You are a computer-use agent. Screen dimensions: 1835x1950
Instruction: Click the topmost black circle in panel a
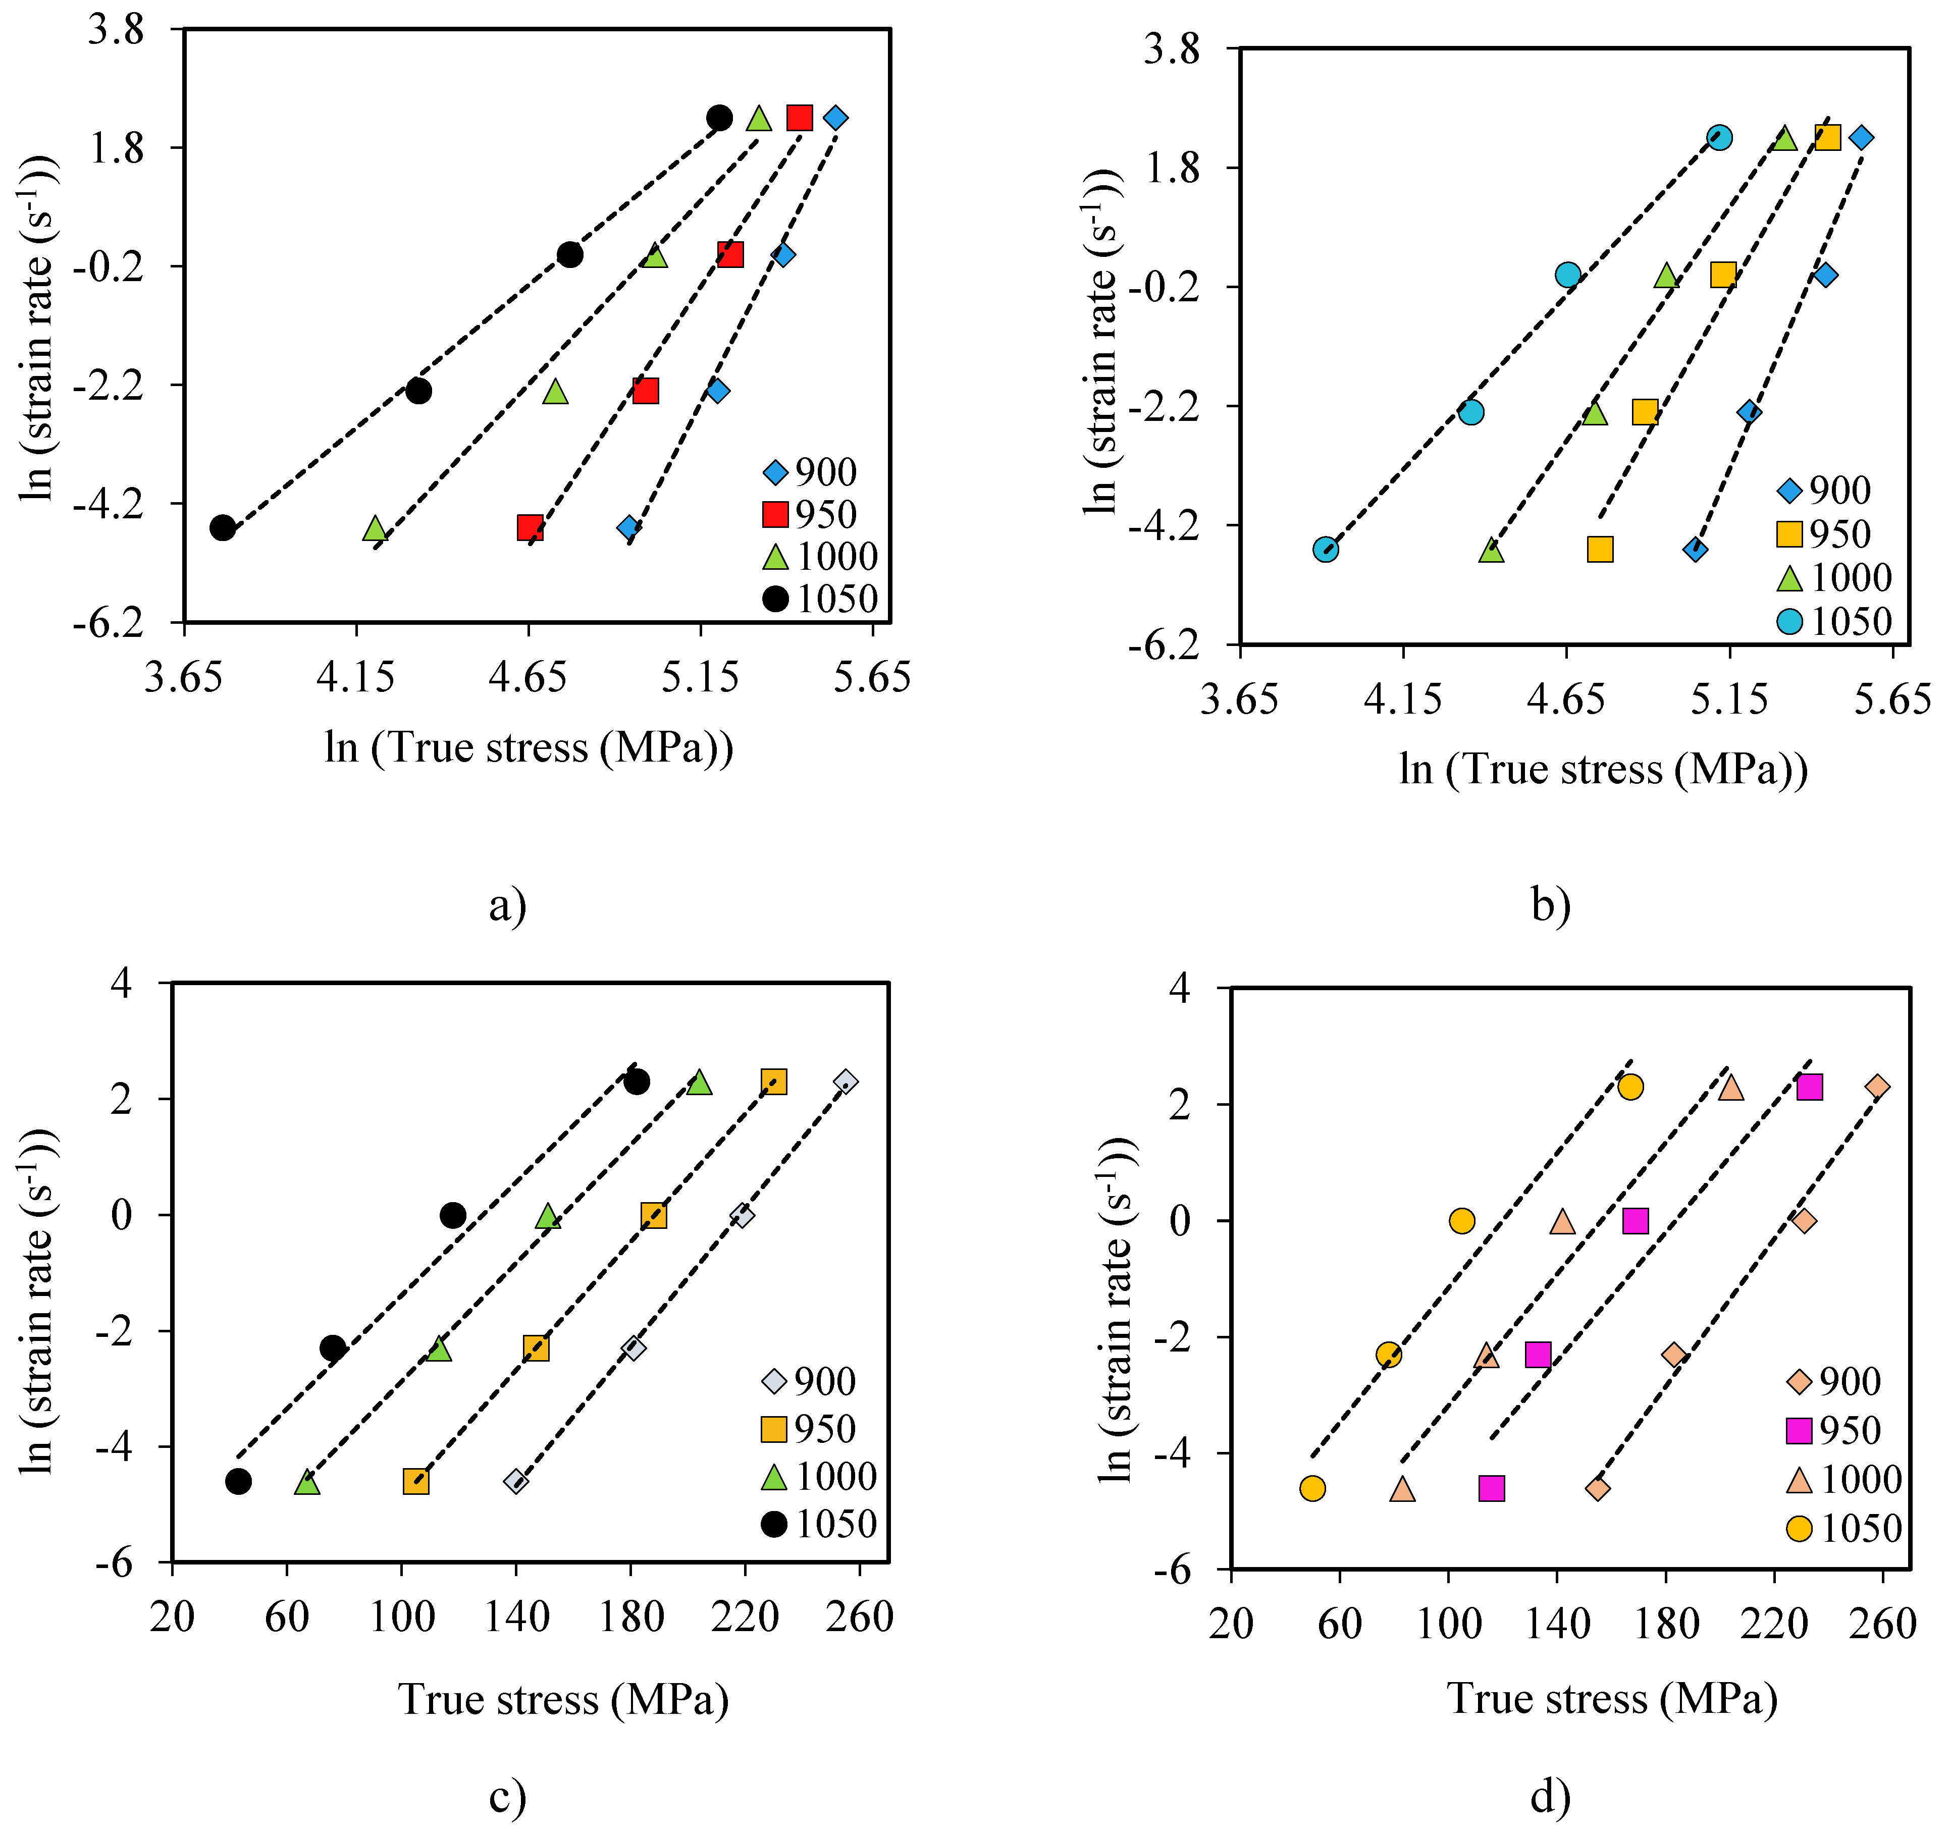(719, 118)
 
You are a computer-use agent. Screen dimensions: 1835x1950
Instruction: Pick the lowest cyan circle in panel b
(1325, 549)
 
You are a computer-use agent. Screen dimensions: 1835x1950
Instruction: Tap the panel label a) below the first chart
(507, 904)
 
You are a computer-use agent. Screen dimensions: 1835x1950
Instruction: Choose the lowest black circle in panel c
(238, 1481)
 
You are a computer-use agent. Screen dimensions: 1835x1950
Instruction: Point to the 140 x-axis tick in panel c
(516, 1615)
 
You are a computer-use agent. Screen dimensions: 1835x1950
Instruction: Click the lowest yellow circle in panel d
(1312, 1488)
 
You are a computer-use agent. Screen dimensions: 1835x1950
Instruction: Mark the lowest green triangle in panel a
(375, 528)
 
